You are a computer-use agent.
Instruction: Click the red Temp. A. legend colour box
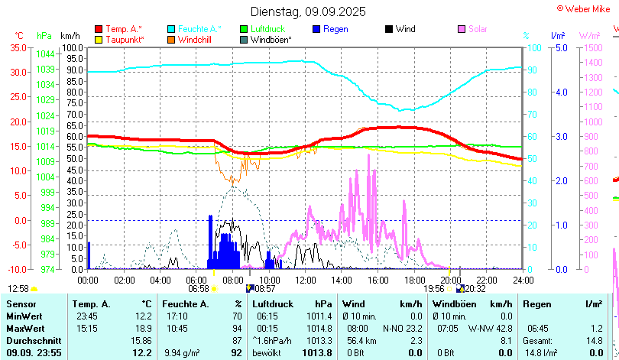click(98, 29)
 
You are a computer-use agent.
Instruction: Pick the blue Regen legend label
click(335, 29)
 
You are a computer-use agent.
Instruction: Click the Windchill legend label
click(196, 39)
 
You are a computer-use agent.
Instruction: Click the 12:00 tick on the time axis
click(305, 280)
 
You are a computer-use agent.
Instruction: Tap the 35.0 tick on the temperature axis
click(16, 47)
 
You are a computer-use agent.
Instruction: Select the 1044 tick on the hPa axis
click(45, 54)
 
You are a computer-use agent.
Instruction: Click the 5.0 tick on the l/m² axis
click(560, 47)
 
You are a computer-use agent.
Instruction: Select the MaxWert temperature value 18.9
click(143, 328)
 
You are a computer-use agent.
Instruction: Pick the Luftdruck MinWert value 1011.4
click(319, 316)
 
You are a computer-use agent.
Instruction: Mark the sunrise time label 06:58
click(198, 288)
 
